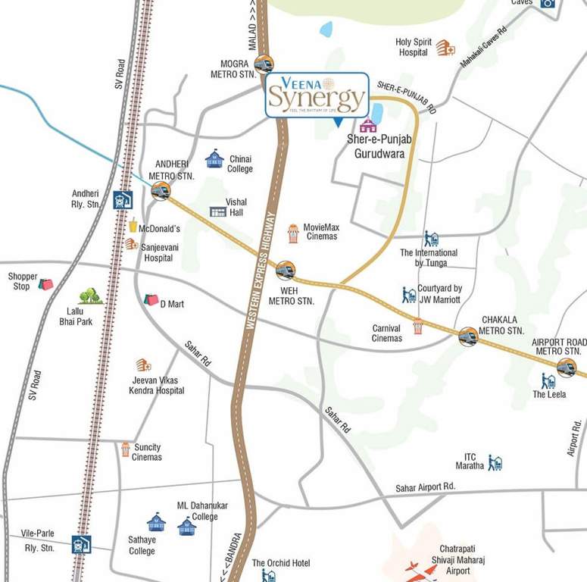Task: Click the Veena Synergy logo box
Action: (x=317, y=95)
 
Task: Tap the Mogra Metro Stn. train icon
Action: (x=264, y=64)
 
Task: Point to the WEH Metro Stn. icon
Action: (x=285, y=270)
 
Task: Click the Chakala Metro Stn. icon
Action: (x=468, y=336)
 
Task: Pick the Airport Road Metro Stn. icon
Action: (x=566, y=368)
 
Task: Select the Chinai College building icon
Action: (x=214, y=159)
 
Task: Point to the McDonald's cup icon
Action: (x=133, y=225)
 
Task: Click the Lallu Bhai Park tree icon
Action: (x=90, y=296)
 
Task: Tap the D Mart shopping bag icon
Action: (x=151, y=300)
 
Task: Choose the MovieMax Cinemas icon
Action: (x=293, y=233)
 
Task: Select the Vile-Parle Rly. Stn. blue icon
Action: (x=81, y=544)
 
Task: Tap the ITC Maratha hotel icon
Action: (x=495, y=462)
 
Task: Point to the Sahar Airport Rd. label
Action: (x=425, y=487)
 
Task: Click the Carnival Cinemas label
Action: (x=386, y=333)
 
